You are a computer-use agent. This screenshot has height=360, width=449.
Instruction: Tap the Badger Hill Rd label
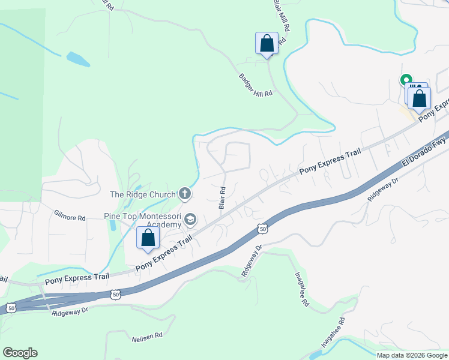pos(256,85)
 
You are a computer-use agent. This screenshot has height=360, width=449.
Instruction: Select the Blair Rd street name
pos(222,197)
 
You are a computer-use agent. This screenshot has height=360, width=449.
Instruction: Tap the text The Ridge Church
pos(142,194)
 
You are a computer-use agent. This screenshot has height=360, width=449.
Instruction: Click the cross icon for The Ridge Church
pos(185,194)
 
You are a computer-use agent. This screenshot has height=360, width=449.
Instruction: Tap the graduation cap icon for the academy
pos(190,220)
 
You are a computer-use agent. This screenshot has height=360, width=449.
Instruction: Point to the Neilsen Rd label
pos(147,337)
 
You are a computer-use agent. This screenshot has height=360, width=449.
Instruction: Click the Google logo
pos(20,353)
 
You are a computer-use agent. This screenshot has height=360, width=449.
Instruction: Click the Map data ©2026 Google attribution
pos(411,355)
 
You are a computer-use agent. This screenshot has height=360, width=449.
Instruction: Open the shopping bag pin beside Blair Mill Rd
pos(267,44)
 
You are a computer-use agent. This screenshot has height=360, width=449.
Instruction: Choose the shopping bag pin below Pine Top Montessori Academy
pos(148,238)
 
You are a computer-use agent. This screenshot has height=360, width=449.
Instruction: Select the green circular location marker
pos(406,79)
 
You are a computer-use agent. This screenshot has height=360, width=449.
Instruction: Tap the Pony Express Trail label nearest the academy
pos(164,253)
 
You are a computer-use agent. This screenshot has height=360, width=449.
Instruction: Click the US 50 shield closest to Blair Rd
pos(262,228)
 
